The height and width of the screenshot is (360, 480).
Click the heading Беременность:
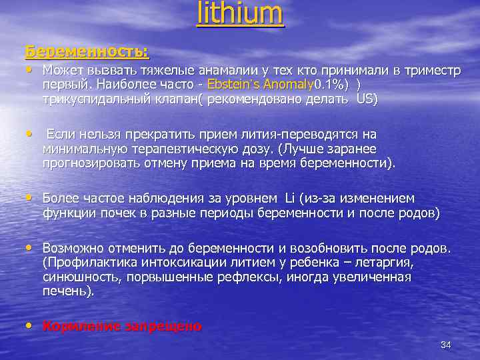pyautogui.click(x=87, y=51)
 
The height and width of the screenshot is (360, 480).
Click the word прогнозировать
pyautogui.click(x=88, y=163)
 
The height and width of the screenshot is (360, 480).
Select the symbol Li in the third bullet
pyautogui.click(x=289, y=199)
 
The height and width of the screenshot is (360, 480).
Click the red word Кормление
pyautogui.click(x=79, y=327)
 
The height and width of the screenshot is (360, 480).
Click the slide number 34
pyautogui.click(x=446, y=345)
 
